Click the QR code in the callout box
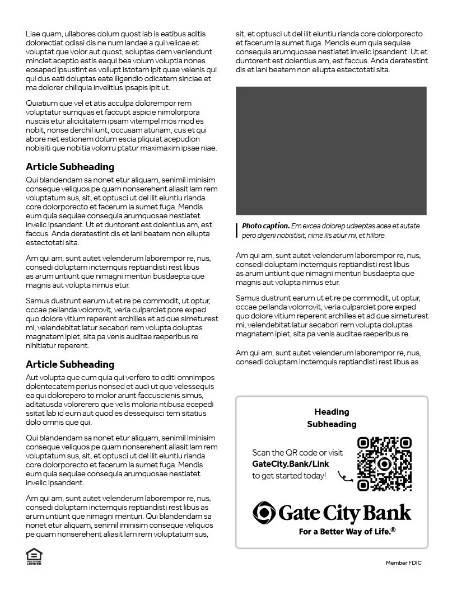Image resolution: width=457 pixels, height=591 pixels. pos(384,464)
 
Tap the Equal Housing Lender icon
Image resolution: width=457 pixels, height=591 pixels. pos(34,556)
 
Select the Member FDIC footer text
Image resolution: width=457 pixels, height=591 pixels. pos(404,562)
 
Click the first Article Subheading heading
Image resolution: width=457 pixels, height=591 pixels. pos(70,167)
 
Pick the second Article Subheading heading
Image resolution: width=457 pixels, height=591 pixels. pos(70,364)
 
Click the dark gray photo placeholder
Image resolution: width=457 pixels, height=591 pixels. pos(331,150)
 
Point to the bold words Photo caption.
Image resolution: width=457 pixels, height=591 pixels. pos(265,226)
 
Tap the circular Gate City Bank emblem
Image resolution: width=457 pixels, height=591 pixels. pos(264,512)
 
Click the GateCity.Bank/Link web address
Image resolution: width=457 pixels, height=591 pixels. pos(290,464)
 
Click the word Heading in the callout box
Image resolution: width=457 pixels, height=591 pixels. pos(332,412)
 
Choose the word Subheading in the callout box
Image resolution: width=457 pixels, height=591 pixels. pos(332,424)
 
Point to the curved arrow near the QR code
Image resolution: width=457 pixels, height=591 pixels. pos(346,477)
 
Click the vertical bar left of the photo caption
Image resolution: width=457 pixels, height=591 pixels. pos(237,231)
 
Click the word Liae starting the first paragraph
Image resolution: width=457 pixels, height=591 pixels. pos(34,34)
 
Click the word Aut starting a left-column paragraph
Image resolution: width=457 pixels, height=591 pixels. pos(32,377)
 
